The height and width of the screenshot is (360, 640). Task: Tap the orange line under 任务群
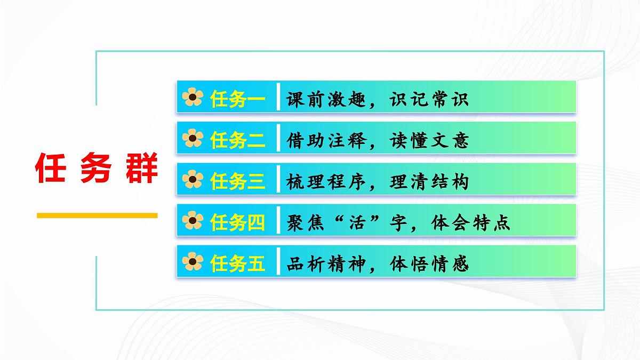[97, 215]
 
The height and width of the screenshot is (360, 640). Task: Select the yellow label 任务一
[237, 99]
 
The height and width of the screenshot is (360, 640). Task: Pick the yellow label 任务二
[237, 140]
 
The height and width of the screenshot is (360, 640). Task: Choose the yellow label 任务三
[237, 181]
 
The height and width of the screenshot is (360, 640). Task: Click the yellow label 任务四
[237, 222]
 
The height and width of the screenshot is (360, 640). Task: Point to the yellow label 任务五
[237, 263]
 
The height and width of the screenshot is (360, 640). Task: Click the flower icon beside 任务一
[193, 98]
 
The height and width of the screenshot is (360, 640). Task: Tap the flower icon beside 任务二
[193, 139]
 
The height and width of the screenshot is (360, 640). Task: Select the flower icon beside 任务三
[193, 180]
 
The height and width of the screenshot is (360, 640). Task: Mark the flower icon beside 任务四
[193, 221]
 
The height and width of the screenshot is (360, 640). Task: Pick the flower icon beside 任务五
[193, 262]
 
